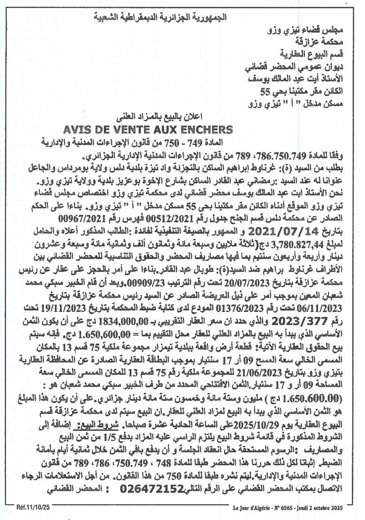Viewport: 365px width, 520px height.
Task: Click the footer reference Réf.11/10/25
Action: click(x=33, y=508)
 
